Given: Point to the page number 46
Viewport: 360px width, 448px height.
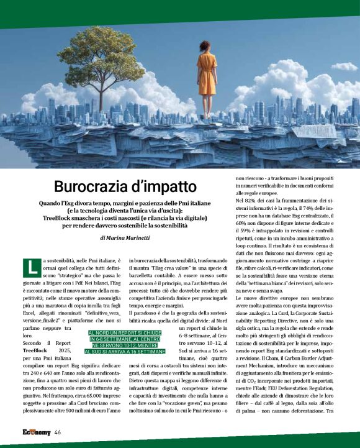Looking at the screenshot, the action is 57,432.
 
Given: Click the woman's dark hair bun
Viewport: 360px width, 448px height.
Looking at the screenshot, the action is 205,45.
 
